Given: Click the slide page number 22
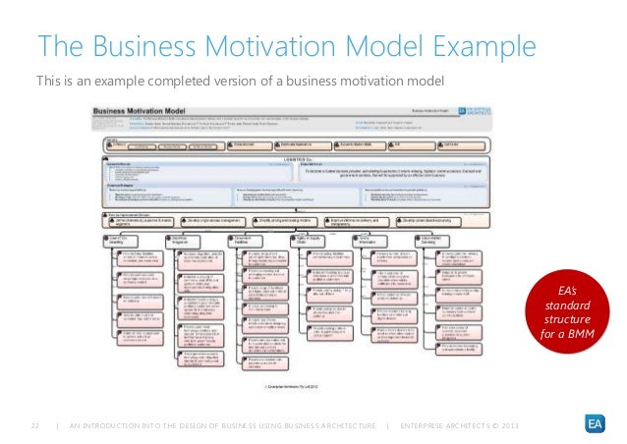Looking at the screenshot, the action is coord(35,424).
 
